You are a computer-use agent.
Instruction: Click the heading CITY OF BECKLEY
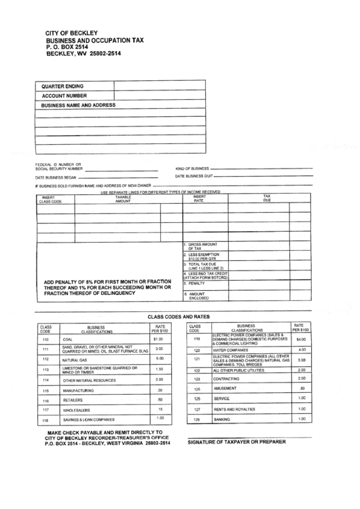tap(71, 33)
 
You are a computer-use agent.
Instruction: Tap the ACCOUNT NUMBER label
tap(65, 96)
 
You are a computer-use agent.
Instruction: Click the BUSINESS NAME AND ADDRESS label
tap(78, 105)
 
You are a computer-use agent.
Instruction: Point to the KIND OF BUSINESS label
tap(192, 168)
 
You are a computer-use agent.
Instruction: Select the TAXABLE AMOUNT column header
tap(122, 199)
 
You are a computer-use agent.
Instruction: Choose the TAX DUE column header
tap(266, 199)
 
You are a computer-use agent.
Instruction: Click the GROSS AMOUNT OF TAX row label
tap(202, 245)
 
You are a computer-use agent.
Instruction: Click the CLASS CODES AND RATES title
tap(179, 317)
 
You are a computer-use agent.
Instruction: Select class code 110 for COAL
tap(46, 339)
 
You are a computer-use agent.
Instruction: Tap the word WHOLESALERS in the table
tap(77, 410)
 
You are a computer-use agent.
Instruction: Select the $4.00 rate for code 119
tap(301, 339)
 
